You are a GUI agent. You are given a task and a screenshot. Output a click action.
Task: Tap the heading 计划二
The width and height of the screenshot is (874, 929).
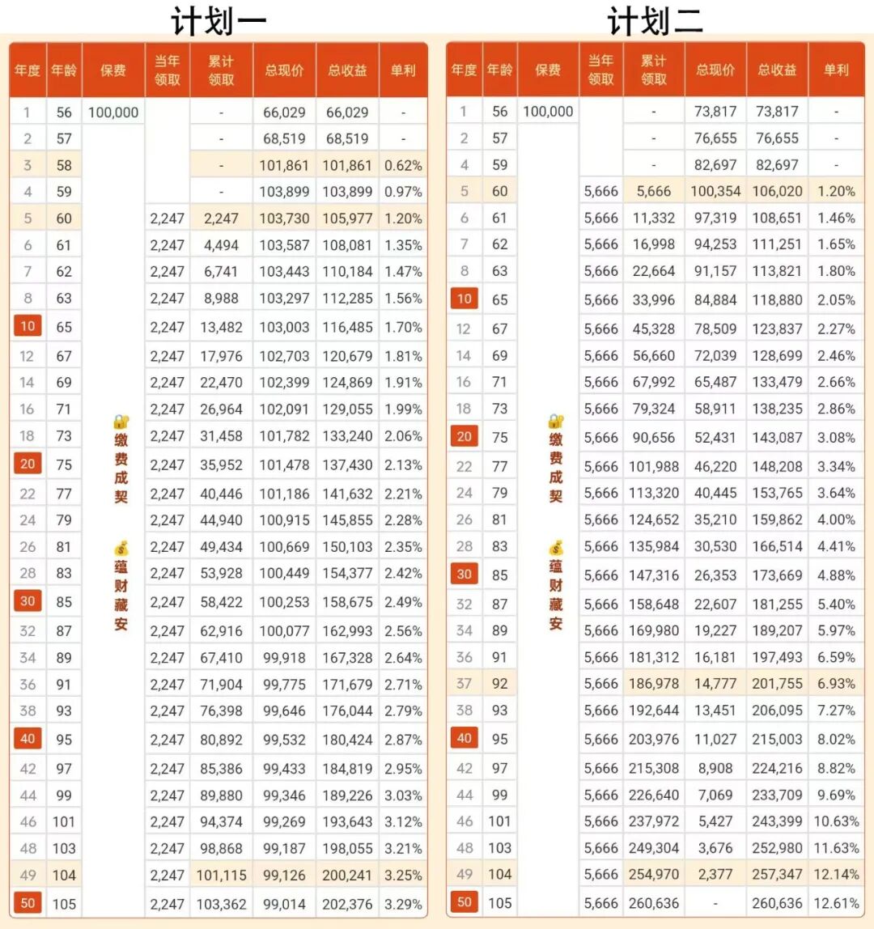(655, 21)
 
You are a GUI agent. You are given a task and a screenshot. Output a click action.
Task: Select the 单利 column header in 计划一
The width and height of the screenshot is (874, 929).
(403, 70)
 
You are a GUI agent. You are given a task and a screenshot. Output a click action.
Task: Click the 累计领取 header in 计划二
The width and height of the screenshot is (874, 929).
(653, 70)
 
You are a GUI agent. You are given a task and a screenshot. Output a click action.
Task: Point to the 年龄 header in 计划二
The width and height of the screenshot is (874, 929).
(500, 70)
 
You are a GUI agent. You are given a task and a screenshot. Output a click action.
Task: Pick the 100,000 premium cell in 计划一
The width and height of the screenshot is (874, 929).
(113, 112)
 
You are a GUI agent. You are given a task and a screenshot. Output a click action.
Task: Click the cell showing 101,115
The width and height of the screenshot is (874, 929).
(221, 875)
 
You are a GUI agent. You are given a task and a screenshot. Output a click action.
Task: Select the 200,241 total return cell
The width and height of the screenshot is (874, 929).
(347, 875)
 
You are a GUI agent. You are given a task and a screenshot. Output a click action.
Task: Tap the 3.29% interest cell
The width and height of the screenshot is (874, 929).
(403, 903)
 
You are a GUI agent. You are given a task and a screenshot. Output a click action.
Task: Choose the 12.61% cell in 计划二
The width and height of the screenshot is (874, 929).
(836, 902)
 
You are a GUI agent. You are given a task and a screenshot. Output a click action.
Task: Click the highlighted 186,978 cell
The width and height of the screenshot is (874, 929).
(653, 684)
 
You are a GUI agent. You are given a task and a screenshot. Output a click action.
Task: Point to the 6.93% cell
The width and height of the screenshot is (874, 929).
(836, 684)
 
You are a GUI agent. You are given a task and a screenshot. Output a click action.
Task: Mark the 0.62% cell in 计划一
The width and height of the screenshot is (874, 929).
(403, 165)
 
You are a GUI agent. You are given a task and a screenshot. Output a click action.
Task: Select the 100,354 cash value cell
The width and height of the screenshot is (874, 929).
(715, 192)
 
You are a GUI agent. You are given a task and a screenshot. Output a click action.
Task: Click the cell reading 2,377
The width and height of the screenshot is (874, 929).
(715, 874)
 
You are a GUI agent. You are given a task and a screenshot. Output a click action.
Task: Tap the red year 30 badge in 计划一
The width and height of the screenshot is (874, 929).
(28, 601)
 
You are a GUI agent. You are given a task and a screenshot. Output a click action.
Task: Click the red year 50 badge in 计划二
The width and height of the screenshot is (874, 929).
(464, 902)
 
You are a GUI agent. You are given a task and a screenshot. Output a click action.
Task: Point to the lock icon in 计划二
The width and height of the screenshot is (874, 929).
(555, 421)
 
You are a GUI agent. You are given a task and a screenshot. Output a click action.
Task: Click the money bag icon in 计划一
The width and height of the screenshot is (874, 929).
(121, 549)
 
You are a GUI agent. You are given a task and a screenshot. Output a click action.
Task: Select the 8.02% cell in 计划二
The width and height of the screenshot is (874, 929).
(836, 739)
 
